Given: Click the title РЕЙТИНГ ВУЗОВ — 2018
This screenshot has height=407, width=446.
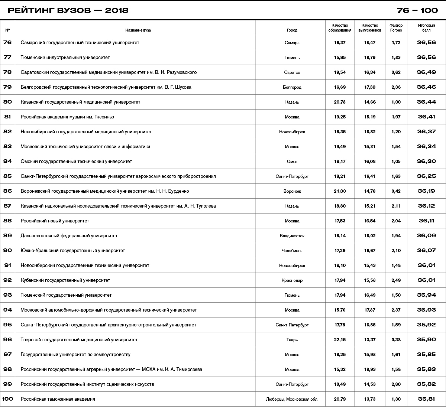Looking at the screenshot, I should (x=68, y=10).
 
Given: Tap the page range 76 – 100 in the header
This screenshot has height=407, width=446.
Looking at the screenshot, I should (x=417, y=10).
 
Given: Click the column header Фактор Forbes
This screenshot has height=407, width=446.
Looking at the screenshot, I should (x=396, y=28).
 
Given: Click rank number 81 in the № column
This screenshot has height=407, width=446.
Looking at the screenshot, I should (x=7, y=117).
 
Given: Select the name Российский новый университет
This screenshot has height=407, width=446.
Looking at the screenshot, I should (x=55, y=221).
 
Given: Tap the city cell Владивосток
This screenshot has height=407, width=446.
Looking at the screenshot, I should (x=292, y=236).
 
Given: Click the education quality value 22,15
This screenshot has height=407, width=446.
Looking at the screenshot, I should (x=340, y=340).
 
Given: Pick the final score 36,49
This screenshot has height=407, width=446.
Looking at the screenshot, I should (x=426, y=72).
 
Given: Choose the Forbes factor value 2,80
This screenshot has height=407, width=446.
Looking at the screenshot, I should (x=396, y=384).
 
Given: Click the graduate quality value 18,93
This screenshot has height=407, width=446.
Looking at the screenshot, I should (x=370, y=369).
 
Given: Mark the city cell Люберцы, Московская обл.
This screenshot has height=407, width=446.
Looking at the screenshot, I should (x=292, y=399).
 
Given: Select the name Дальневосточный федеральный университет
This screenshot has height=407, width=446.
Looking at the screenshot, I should (x=69, y=236).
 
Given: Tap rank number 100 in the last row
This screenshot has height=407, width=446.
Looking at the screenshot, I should (x=7, y=399).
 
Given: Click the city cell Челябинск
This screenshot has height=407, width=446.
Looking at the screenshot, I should (x=292, y=251).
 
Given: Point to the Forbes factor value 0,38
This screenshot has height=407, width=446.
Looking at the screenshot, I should (x=396, y=340).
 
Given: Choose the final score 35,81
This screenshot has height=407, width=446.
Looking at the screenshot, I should (x=426, y=399).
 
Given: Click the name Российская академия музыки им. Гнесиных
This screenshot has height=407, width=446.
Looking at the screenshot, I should (x=67, y=117).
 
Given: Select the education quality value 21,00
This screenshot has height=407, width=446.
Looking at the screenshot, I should (x=340, y=191).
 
